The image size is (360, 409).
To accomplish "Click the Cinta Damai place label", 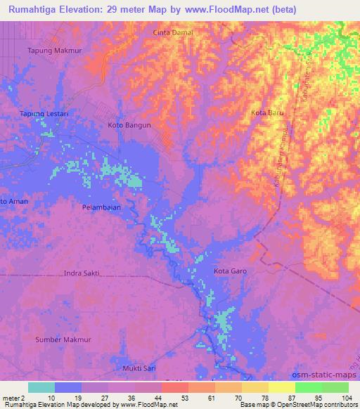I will pos(173,32).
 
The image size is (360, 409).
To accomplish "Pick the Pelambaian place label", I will pos(101,207).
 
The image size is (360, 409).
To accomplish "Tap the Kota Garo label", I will pos(231,271).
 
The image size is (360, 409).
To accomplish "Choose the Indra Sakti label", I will pos(82,273).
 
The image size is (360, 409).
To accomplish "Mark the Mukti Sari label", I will pos(139,368).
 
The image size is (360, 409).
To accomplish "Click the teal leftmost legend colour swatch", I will pos(41,387).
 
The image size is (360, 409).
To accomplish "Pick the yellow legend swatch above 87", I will pos(281,387).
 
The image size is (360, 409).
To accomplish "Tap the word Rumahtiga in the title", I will pos(36,10).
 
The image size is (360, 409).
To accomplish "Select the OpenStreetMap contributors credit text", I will pos(317,404).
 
